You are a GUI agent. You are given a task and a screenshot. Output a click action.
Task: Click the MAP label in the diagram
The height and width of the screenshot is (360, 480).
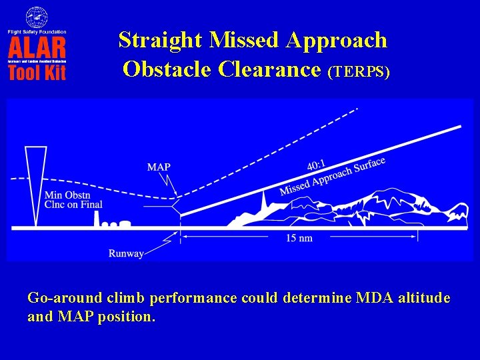pos(159,167)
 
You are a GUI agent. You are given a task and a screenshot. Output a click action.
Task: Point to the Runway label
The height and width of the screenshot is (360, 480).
pos(125,253)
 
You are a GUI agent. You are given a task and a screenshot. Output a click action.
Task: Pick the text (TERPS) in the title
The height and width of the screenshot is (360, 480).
pos(359,71)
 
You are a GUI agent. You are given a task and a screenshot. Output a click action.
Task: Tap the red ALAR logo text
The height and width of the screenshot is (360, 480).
pos(37,47)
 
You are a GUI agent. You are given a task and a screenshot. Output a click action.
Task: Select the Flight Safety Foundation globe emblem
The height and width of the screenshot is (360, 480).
pos(37,17)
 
